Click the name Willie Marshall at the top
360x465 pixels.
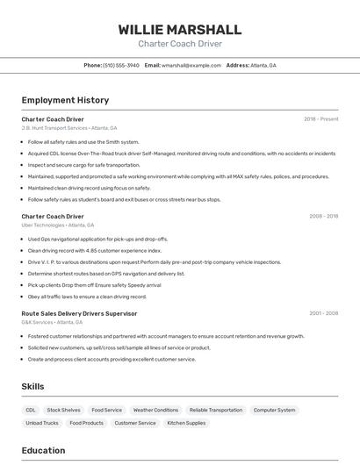coord(180,29)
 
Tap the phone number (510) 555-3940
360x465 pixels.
coord(121,65)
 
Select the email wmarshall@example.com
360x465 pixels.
coord(191,65)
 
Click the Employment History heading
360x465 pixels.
coord(65,100)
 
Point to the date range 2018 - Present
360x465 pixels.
coord(320,118)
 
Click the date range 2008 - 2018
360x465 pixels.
coord(323,216)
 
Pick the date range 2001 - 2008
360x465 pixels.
coord(323,313)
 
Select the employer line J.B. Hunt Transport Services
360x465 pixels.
coord(54,128)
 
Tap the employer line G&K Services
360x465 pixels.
coord(41,323)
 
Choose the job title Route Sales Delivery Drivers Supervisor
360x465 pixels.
coord(79,313)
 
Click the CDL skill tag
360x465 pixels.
coord(31,410)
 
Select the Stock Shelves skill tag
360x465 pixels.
coord(63,410)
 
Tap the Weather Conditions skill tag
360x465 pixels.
coord(155,410)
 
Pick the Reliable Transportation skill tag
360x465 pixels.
coord(215,410)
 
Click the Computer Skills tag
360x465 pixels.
coord(274,410)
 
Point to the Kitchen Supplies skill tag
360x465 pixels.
coord(186,423)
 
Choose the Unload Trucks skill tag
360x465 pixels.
coord(42,423)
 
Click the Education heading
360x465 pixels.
coord(43,451)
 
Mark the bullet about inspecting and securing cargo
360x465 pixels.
coord(83,165)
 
